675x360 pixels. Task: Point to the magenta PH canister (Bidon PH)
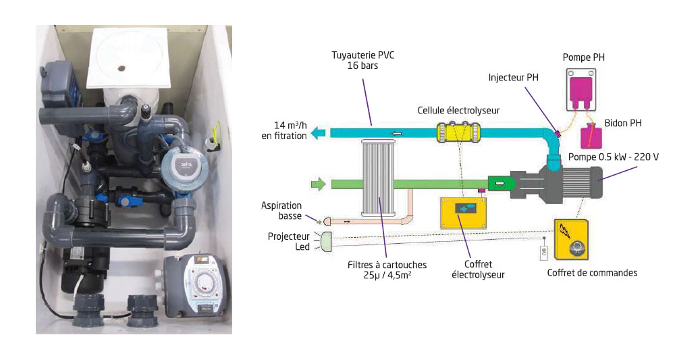pyautogui.click(x=591, y=136)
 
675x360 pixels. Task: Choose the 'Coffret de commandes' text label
pyautogui.click(x=591, y=273)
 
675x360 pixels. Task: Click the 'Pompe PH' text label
pyautogui.click(x=584, y=57)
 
